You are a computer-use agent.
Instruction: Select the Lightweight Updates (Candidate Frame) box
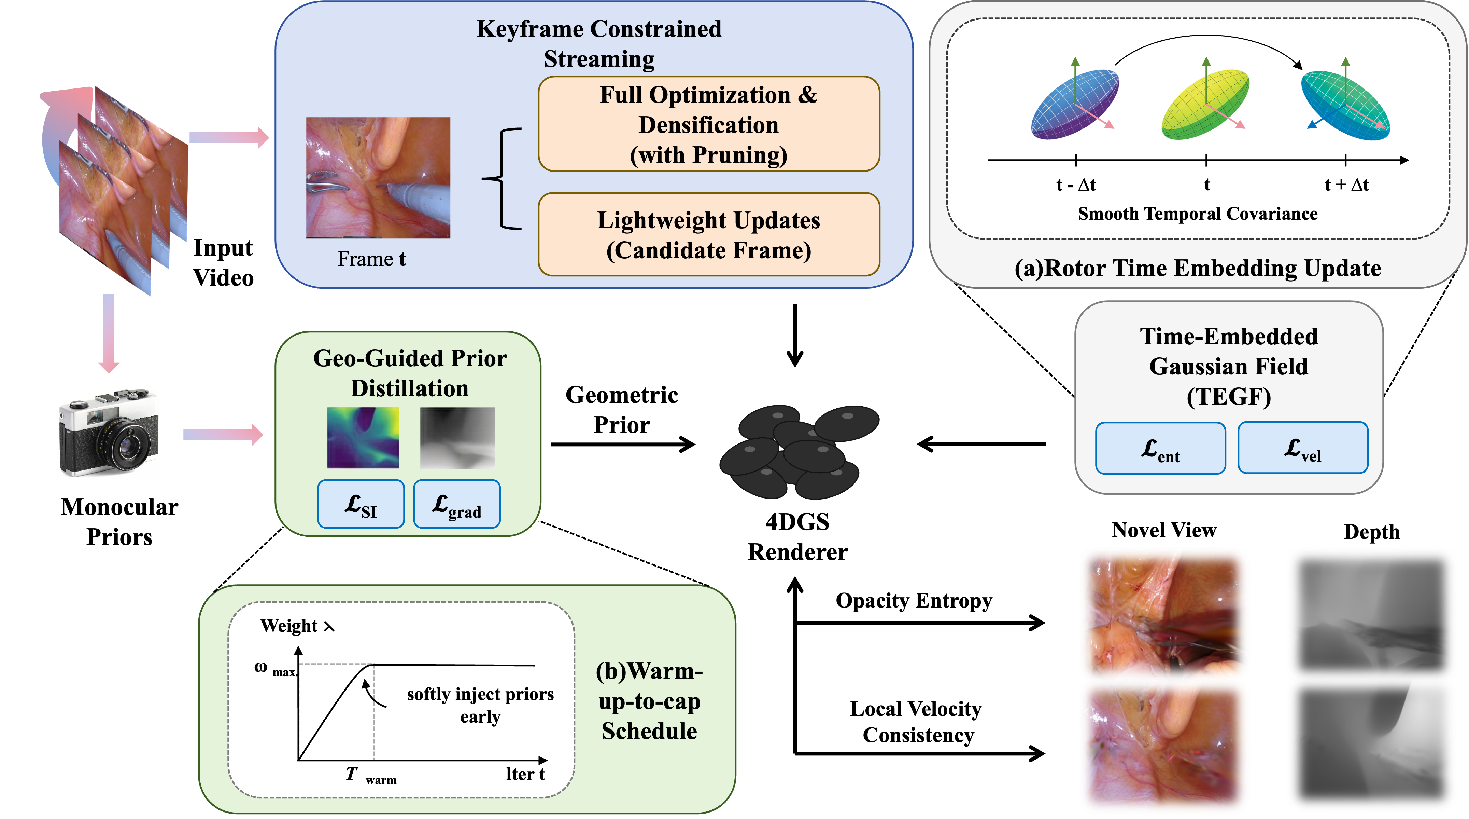708,235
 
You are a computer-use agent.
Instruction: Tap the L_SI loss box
361,504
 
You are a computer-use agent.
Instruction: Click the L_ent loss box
1160,448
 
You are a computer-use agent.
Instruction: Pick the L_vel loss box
1302,448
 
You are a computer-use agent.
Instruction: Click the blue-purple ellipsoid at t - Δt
1074,105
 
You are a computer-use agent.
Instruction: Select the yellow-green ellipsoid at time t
1205,105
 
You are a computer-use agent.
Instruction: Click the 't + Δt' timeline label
1346,185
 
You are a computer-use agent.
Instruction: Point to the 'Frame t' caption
371,259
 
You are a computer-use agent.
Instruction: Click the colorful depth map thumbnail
363,437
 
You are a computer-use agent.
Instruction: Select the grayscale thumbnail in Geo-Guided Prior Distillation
457,437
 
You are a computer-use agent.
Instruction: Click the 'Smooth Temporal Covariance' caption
1198,214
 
